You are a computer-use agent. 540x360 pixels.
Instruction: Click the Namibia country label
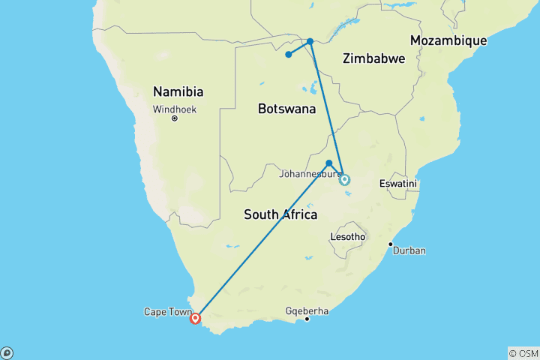click(x=178, y=91)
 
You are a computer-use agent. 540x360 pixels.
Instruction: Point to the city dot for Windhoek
click(x=174, y=118)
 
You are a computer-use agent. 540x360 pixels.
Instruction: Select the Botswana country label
click(x=286, y=109)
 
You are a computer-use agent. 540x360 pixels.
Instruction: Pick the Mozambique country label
click(x=448, y=40)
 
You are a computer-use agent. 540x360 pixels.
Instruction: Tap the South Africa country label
click(x=280, y=214)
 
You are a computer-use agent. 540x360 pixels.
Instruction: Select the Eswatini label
click(x=398, y=183)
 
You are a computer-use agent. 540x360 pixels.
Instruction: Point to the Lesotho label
click(x=347, y=237)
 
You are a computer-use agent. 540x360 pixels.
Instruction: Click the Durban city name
click(x=409, y=250)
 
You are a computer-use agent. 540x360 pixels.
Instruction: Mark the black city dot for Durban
click(x=390, y=244)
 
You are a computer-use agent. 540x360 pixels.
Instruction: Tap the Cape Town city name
click(x=165, y=311)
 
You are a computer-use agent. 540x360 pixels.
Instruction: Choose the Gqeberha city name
click(x=307, y=310)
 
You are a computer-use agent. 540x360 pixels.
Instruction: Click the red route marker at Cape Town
click(x=196, y=318)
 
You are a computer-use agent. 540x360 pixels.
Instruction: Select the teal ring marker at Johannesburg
click(x=344, y=179)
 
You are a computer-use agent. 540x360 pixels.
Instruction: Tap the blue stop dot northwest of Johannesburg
click(x=329, y=163)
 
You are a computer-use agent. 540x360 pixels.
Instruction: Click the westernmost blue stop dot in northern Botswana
click(x=288, y=54)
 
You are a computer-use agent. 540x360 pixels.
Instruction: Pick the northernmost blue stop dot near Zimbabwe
click(x=310, y=41)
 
